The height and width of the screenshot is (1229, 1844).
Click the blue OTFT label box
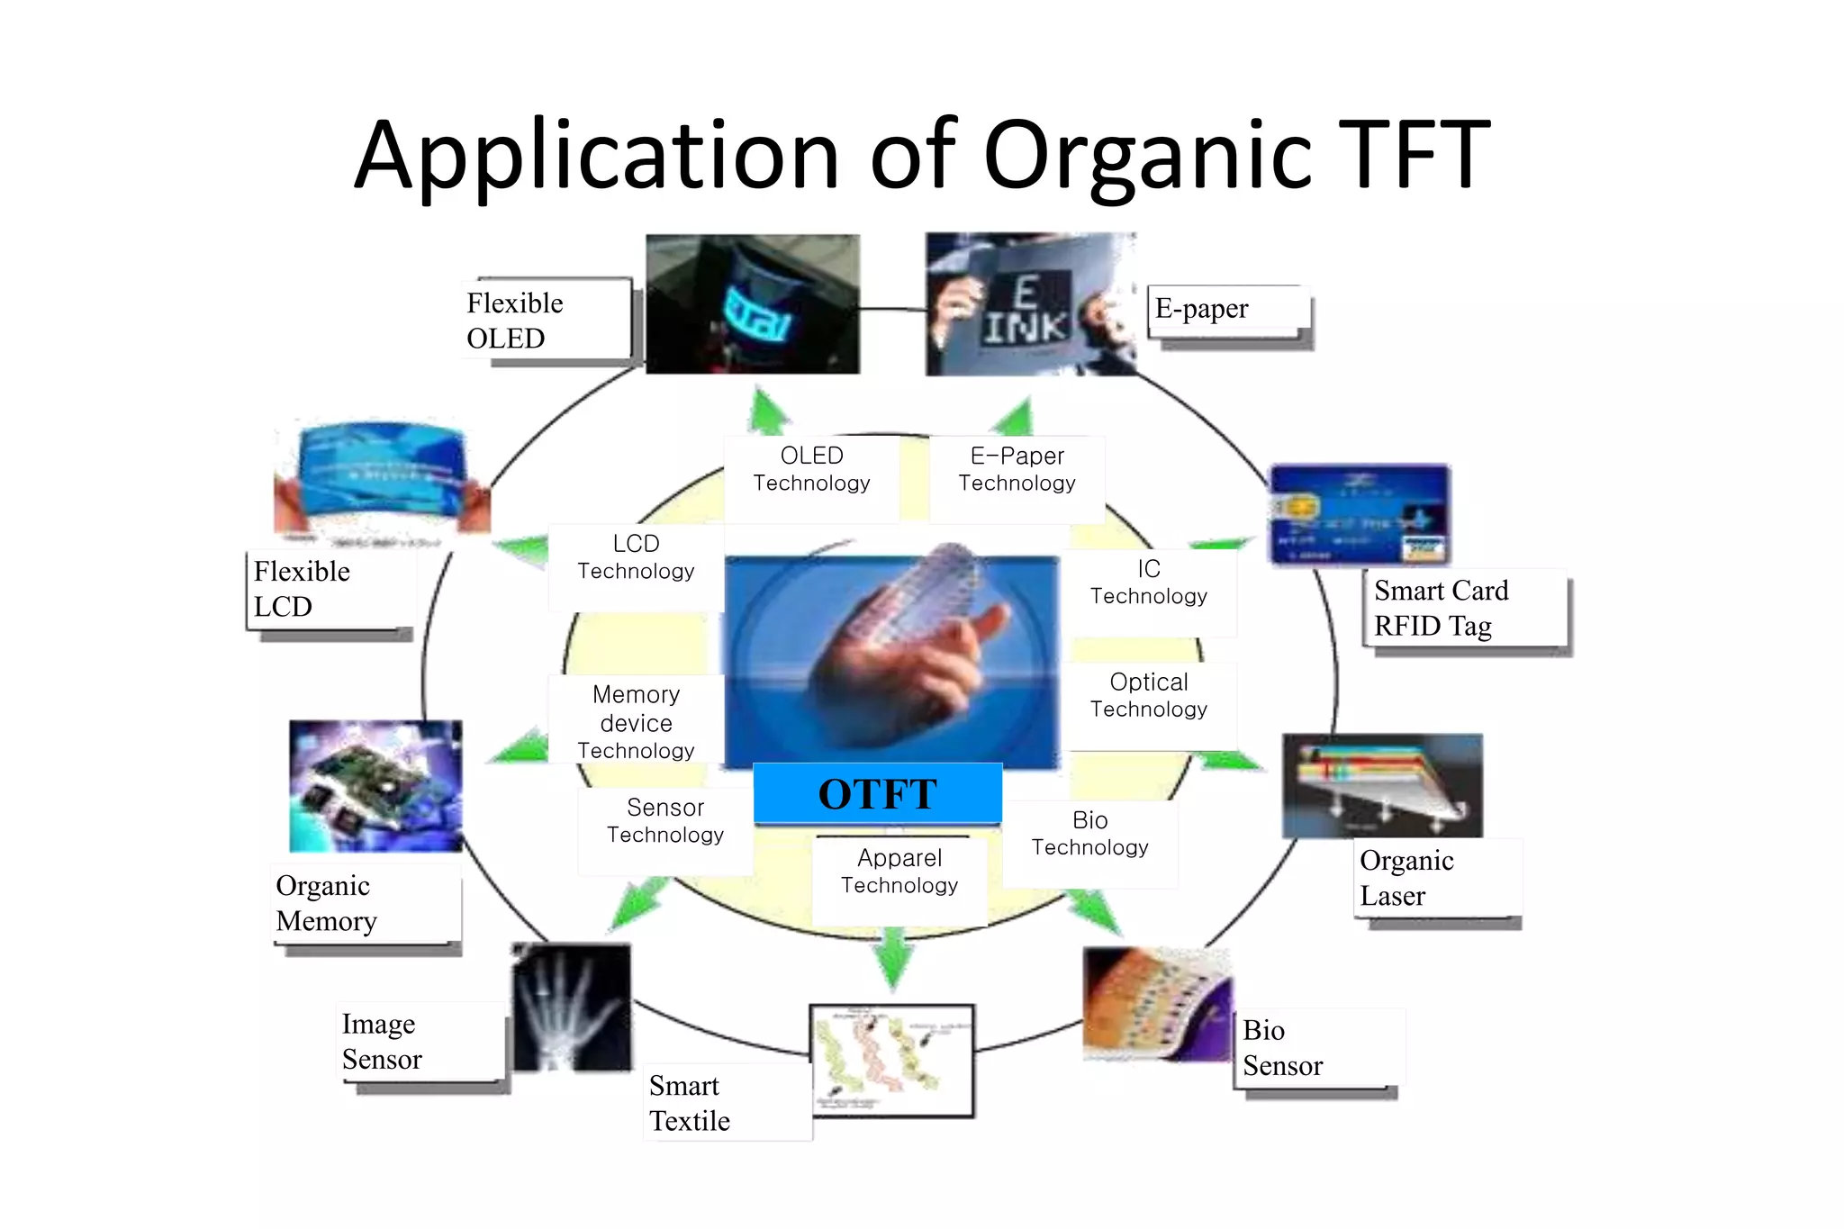tap(877, 793)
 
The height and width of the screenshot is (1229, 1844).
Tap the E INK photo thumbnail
tap(1030, 304)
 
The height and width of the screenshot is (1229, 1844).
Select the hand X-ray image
tap(571, 1007)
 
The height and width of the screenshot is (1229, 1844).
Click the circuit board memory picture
tap(375, 786)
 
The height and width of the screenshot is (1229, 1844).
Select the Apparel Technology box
tap(899, 872)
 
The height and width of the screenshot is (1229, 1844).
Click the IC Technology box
tap(1148, 583)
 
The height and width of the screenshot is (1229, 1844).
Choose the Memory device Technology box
tap(636, 722)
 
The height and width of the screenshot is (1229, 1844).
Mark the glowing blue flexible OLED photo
tap(753, 304)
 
